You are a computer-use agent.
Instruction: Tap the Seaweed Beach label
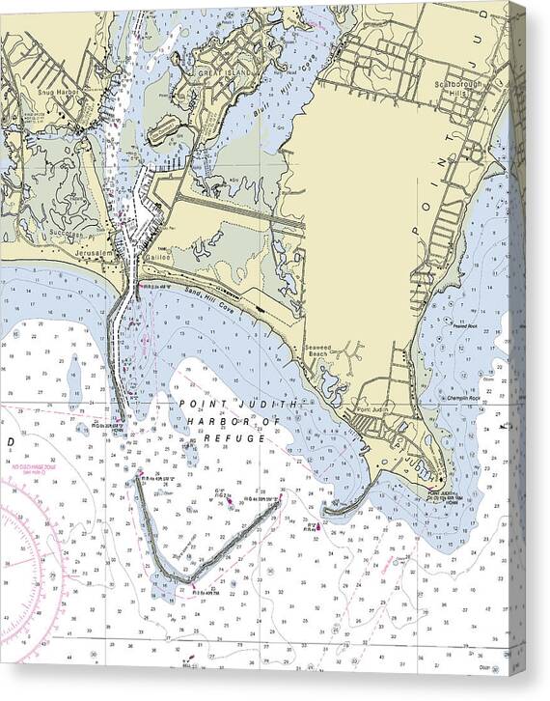319,352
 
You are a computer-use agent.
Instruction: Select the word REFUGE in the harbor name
235,438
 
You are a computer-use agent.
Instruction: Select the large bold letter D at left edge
10,441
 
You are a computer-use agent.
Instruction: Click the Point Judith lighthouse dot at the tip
443,480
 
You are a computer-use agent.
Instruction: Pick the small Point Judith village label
371,411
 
